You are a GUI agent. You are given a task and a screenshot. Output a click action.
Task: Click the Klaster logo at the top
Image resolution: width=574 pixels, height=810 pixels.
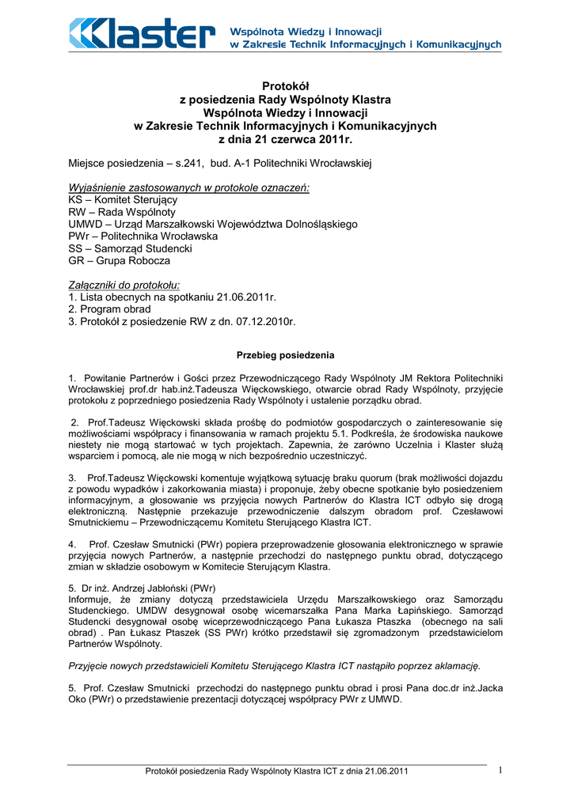click(143, 34)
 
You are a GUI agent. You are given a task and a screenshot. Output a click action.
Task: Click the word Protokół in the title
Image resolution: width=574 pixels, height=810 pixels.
click(285, 86)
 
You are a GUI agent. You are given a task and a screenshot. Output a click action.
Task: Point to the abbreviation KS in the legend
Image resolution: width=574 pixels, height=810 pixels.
click(76, 200)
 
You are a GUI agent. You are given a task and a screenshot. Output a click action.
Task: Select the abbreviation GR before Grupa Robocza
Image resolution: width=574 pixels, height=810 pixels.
click(77, 260)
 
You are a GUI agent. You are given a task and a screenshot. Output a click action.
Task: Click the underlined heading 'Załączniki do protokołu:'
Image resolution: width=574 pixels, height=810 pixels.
click(125, 285)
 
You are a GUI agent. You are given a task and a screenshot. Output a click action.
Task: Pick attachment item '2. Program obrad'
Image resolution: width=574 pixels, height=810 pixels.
click(109, 309)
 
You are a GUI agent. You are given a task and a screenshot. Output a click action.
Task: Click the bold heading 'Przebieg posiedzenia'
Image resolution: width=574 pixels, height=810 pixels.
click(286, 355)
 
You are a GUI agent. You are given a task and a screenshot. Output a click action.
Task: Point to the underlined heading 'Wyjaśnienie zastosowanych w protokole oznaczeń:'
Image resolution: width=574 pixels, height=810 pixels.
click(189, 187)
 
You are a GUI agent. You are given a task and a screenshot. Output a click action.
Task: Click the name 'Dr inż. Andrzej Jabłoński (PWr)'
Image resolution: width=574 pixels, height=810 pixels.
click(148, 589)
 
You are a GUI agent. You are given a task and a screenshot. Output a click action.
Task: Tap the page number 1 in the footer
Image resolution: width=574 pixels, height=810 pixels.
click(501, 770)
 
